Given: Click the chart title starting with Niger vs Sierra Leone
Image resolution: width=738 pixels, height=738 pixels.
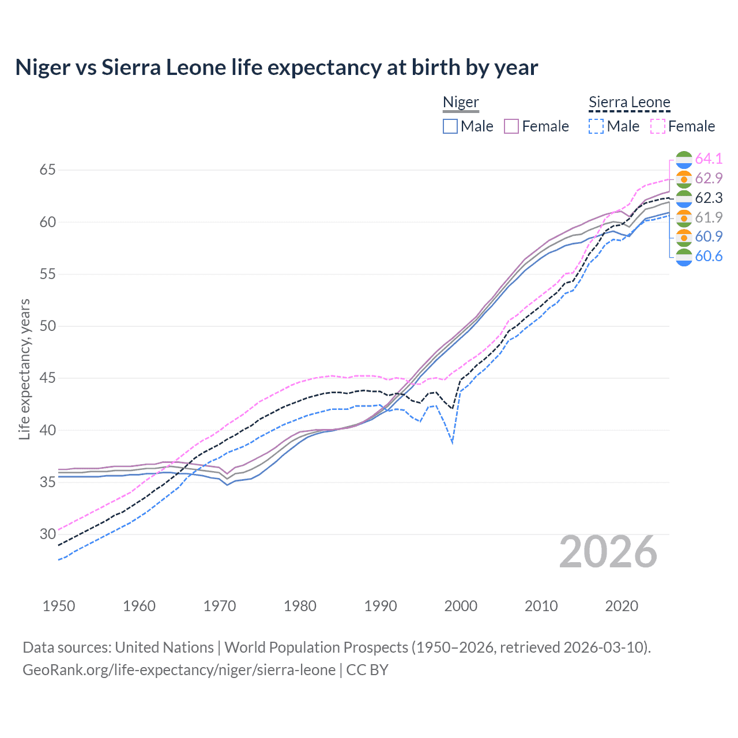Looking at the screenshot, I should (x=276, y=67).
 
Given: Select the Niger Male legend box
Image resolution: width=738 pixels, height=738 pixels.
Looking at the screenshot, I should (x=450, y=126).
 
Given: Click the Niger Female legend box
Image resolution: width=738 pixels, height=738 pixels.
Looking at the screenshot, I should (x=511, y=126).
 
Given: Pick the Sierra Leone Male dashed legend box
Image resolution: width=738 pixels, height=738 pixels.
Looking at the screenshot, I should (x=596, y=126).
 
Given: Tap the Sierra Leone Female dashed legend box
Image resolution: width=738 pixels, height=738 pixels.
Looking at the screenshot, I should (x=657, y=126).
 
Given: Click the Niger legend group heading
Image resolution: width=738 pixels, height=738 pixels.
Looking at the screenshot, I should (x=461, y=103).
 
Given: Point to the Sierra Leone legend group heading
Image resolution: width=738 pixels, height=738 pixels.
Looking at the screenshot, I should (x=629, y=103).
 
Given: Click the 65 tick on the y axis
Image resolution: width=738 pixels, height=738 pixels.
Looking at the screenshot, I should (x=47, y=170).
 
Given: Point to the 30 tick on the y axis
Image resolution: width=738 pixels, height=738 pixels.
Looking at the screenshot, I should (x=47, y=534).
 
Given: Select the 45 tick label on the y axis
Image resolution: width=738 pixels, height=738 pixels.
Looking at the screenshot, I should (x=47, y=378).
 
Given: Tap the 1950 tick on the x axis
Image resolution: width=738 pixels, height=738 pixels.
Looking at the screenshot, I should (x=59, y=606).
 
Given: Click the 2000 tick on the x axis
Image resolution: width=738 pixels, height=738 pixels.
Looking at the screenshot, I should (x=461, y=606).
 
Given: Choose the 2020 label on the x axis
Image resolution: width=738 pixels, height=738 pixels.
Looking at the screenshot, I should (x=622, y=606).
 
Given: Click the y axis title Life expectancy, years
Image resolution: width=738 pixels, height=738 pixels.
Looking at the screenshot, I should (x=24, y=369).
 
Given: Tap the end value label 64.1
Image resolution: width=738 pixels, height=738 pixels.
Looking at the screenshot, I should (x=709, y=159).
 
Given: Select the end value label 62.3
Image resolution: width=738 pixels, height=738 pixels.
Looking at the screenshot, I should (x=709, y=198).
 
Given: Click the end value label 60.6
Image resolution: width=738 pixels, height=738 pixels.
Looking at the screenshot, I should (x=709, y=256).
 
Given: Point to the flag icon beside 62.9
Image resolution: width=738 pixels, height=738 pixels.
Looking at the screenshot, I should (x=684, y=179).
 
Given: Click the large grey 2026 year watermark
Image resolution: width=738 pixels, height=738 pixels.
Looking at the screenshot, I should (x=608, y=552).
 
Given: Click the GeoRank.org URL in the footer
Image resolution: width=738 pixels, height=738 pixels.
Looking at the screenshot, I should (x=179, y=670).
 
